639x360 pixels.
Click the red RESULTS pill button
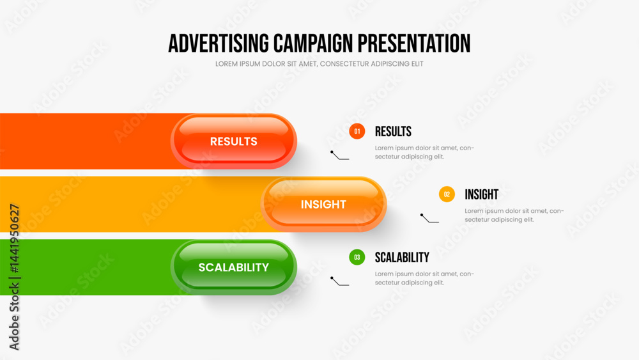[x=233, y=141]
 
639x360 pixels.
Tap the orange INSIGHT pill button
[x=323, y=204]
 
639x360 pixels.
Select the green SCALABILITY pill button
[x=233, y=267]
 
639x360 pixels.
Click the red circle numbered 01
[x=357, y=131]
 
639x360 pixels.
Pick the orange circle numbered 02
[x=447, y=194]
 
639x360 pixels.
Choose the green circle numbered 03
[x=357, y=257]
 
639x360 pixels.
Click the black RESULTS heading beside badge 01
[x=393, y=131]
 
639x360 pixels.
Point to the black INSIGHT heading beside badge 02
[x=482, y=194]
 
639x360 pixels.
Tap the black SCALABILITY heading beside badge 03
[x=402, y=257]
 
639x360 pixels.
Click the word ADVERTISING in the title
[x=219, y=43]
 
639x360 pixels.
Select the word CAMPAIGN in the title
[x=313, y=43]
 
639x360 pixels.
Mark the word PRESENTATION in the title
[x=414, y=43]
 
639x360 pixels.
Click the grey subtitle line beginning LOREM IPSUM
[x=319, y=64]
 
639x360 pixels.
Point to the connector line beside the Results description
[x=339, y=155]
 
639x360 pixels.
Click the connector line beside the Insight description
[x=429, y=218]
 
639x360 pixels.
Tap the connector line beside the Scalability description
[x=339, y=281]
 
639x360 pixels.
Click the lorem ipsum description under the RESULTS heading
[x=425, y=152]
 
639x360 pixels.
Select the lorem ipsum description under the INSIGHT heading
[x=514, y=215]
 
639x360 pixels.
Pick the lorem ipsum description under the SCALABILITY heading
[x=425, y=278]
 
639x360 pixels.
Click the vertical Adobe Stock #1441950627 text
[x=14, y=277]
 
